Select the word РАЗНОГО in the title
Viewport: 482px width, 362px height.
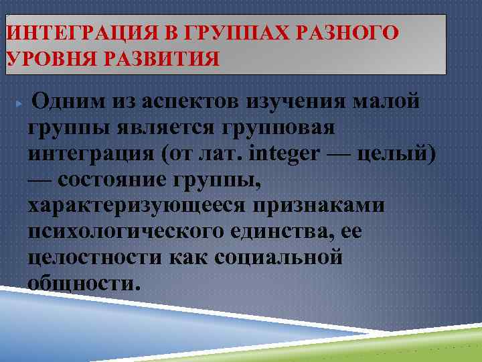(x=352, y=32)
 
